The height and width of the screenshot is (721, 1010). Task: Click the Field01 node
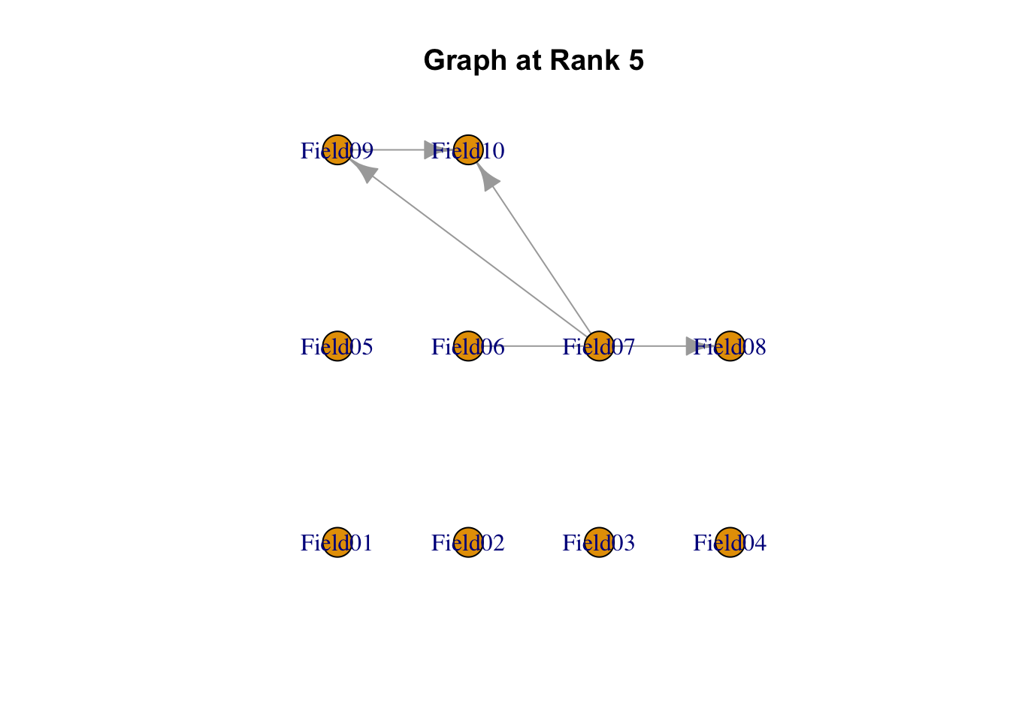point(337,542)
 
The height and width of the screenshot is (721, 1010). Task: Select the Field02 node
point(468,542)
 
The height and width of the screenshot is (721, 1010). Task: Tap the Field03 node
point(599,542)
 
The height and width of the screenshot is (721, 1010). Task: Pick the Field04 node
point(730,542)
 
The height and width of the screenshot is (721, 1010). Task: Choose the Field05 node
point(337,346)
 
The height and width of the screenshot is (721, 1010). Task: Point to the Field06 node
point(468,346)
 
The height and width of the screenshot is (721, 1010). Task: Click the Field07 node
point(599,346)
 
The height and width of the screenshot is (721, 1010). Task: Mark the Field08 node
point(730,346)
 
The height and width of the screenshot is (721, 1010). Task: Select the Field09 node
point(337,150)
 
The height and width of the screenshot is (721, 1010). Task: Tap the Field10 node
point(468,150)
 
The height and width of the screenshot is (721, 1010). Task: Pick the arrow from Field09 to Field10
point(398,150)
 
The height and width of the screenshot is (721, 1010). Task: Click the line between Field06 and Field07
point(534,346)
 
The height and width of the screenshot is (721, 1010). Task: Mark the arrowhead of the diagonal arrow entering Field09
point(364,172)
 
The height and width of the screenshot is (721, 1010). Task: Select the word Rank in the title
point(583,60)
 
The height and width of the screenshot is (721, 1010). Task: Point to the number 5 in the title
point(636,60)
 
